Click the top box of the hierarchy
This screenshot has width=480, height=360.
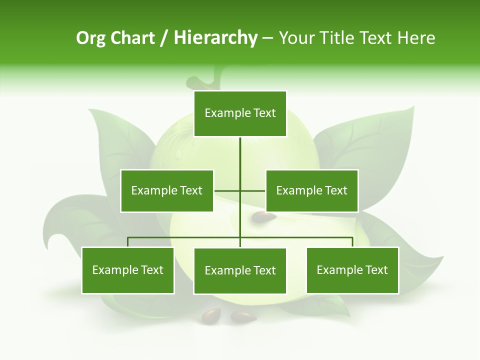tap(240, 113)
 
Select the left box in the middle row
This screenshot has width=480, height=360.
tap(166, 190)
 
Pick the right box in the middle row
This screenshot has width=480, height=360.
tap(311, 190)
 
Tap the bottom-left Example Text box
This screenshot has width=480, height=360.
tap(127, 270)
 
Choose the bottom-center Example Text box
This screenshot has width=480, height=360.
tap(240, 270)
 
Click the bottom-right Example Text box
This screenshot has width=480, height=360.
tap(352, 270)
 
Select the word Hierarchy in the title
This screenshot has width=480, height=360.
tap(215, 38)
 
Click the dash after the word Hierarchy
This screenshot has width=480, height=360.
tap(267, 38)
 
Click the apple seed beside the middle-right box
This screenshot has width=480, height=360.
tap(263, 217)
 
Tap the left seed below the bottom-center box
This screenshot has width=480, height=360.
tap(211, 315)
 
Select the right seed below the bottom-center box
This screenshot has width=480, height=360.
tap(243, 316)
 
